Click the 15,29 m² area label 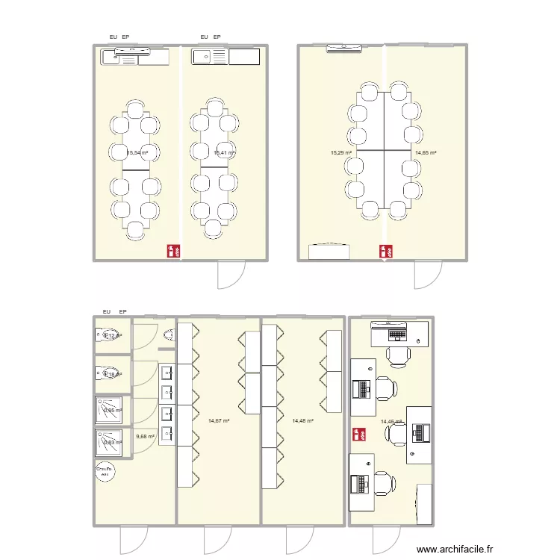pyautogui.click(x=340, y=152)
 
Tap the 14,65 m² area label pyautogui.click(x=426, y=152)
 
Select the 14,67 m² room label pyautogui.click(x=219, y=421)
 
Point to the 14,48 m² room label pyautogui.click(x=302, y=421)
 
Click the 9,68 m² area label pyautogui.click(x=145, y=437)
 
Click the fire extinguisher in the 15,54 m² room pyautogui.click(x=173, y=252)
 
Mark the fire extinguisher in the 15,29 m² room pyautogui.click(x=386, y=252)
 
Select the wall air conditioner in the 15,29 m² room pyautogui.click(x=344, y=49)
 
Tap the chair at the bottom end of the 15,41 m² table pyautogui.click(x=215, y=229)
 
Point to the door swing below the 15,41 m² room pyautogui.click(x=231, y=275)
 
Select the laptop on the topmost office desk pyautogui.click(x=389, y=326)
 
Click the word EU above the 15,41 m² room pyautogui.click(x=204, y=36)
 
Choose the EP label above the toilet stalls pyautogui.click(x=123, y=311)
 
